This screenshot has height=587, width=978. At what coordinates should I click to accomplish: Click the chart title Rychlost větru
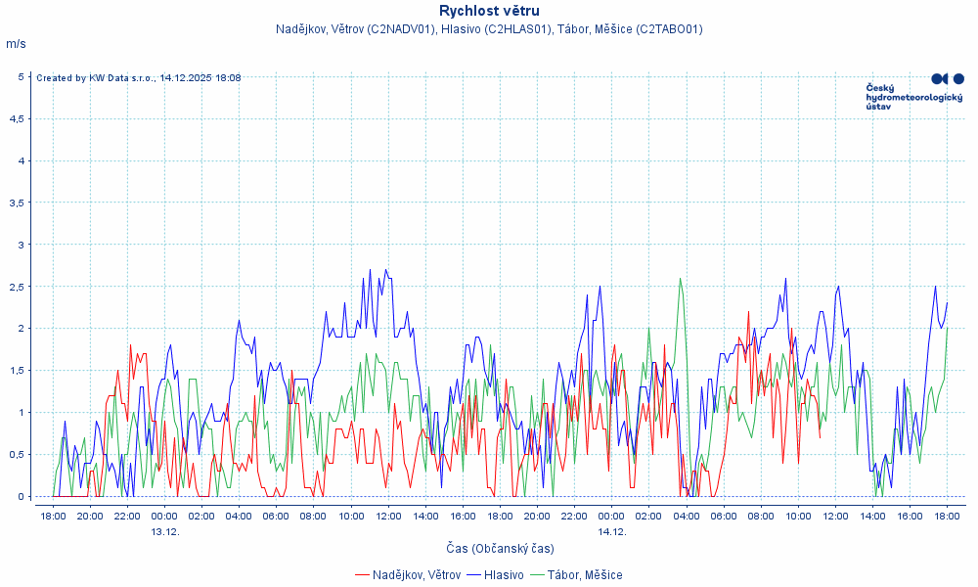coord(489,11)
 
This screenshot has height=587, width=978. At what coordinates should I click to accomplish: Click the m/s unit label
coord(16,44)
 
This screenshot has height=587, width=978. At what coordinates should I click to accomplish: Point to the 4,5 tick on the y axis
coord(17,118)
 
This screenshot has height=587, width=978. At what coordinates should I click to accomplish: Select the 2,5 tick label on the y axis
coord(17,287)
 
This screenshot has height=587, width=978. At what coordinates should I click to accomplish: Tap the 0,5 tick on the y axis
coord(17,455)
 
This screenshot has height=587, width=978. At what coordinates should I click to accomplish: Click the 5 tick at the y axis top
coord(21,76)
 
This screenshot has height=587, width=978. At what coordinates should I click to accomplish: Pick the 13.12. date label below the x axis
coord(164,532)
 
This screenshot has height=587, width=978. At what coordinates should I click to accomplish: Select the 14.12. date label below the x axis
coord(611,532)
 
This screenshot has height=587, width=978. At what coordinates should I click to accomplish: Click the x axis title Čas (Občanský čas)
coord(500,549)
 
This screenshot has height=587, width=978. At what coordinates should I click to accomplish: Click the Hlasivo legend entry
coord(504,574)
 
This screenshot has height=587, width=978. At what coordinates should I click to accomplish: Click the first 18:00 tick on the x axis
coord(53,516)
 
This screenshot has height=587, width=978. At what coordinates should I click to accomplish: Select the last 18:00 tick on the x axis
coord(947,516)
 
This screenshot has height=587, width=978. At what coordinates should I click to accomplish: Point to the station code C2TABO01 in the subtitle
coord(669,29)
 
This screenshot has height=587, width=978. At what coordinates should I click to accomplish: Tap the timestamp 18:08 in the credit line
coord(227,78)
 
